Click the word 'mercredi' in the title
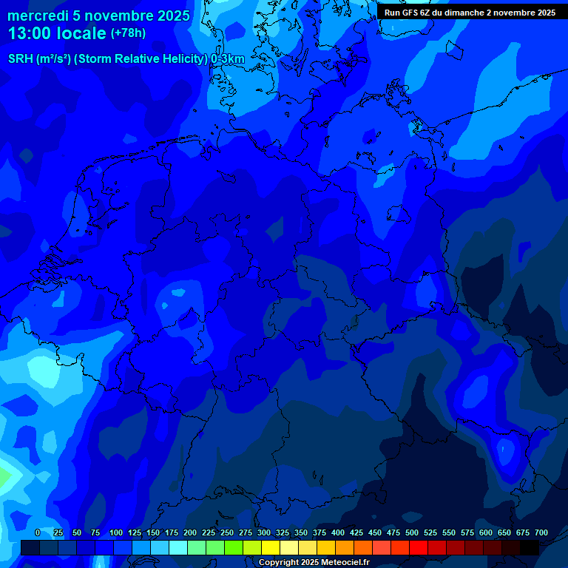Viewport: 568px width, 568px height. coord(38,16)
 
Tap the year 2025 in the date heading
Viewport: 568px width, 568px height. coord(173,16)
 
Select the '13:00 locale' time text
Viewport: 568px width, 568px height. coord(57,34)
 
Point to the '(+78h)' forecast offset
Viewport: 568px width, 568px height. coord(128,33)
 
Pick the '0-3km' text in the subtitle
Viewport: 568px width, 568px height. coord(227,59)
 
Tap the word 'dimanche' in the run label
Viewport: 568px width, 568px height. coord(464,13)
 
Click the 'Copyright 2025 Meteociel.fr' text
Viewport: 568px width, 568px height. coord(314,563)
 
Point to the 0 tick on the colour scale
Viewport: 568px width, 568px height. coord(38,533)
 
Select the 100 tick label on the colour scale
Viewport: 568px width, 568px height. coord(116,533)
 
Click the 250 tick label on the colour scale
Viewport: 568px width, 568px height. coord(227,533)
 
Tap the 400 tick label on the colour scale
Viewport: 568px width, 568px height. coord(338,533)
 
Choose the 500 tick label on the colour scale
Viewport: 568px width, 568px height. coord(412,533)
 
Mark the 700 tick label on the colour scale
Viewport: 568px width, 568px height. coord(541,533)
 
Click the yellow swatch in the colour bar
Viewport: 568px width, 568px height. coord(271,548)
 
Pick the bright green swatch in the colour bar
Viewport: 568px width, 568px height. coord(234,548)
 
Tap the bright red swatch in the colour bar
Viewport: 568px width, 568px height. coord(419,548)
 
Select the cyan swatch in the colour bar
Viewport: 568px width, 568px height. coord(178,548)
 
